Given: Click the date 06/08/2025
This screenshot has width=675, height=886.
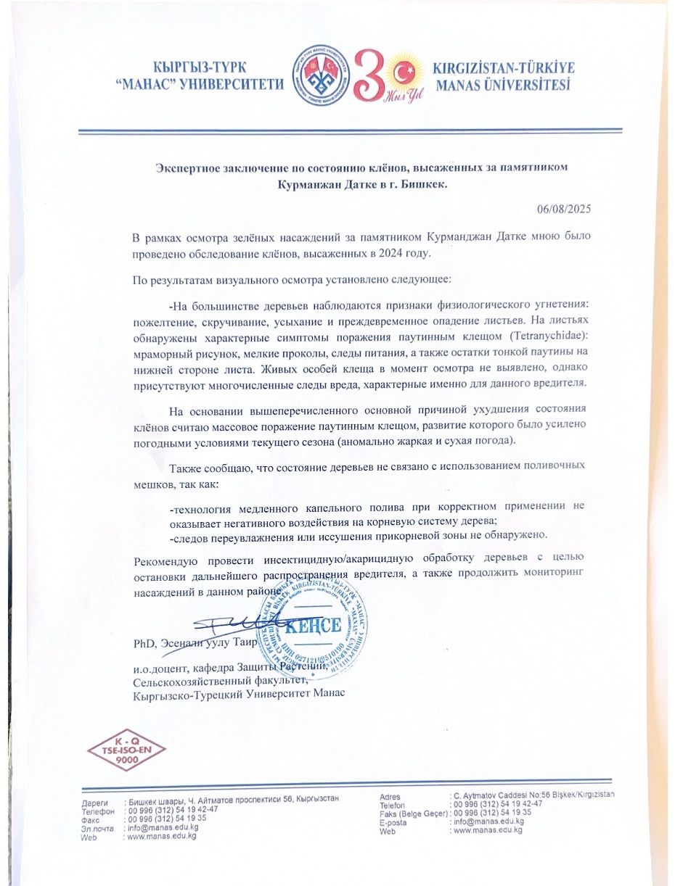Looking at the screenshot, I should (564, 209).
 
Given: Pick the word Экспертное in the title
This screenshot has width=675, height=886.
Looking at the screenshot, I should (188, 167).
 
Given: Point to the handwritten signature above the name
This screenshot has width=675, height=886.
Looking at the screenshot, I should (232, 621).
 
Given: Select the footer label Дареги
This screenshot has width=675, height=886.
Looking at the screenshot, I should (94, 803).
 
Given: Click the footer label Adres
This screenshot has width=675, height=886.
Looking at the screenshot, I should (390, 796).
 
